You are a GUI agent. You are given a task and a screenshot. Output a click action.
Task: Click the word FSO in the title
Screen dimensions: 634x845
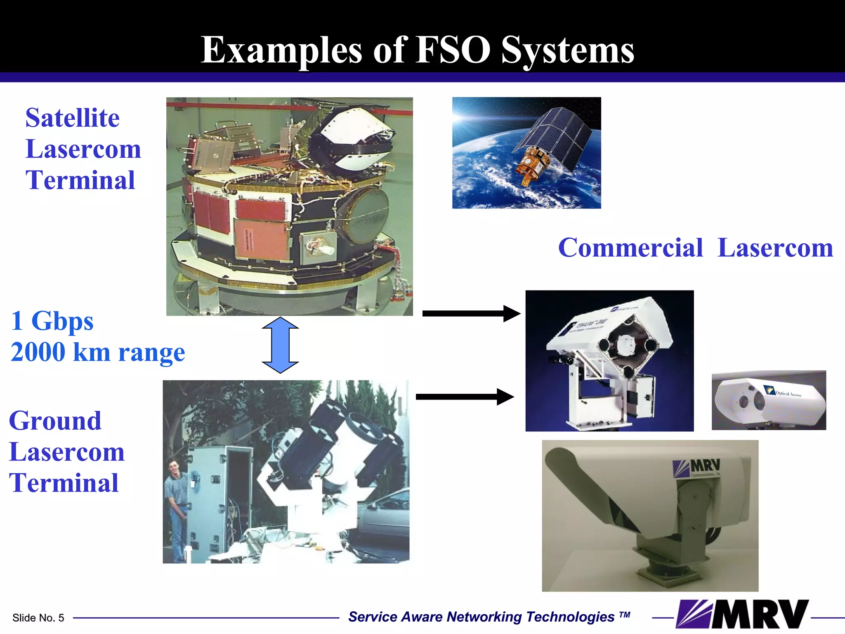pos(453,50)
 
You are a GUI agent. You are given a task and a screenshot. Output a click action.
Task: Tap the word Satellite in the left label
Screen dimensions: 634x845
pos(72,118)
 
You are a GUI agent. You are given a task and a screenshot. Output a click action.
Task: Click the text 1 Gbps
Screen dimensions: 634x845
pos(52,321)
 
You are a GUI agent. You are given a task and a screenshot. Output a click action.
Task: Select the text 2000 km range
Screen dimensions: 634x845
pos(98,352)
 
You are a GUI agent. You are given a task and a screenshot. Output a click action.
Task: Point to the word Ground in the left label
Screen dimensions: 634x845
pos(55,421)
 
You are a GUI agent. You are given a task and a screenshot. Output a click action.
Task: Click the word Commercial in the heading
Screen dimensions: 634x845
pos(630,248)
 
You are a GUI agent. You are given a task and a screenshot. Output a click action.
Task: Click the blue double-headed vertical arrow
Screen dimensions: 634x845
pos(280,345)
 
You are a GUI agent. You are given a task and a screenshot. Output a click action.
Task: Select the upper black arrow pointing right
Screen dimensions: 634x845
pos(471,313)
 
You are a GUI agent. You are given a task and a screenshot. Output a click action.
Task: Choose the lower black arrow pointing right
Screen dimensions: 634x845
pos(465,397)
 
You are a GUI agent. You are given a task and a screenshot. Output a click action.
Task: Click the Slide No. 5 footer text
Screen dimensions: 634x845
pos(38,618)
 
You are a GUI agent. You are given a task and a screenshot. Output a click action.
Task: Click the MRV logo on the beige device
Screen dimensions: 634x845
pos(697,468)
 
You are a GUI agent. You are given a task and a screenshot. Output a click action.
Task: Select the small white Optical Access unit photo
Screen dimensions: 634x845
pos(768,400)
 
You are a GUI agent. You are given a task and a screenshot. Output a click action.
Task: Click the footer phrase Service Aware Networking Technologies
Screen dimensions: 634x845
pos(481,617)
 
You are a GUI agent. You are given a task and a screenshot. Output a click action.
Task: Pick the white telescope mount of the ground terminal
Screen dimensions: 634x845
pos(305,504)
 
